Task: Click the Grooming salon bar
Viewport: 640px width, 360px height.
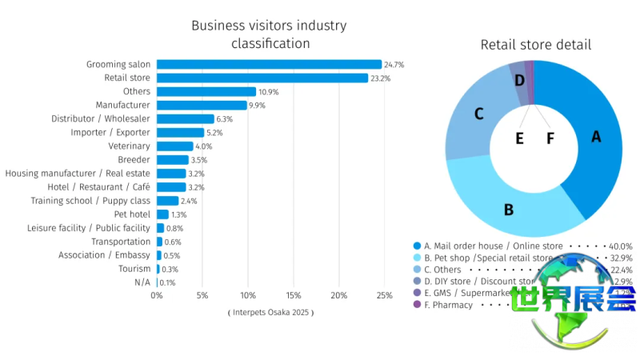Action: [269, 64]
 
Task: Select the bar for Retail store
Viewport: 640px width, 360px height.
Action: [262, 78]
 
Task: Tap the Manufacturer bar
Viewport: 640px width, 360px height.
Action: [202, 105]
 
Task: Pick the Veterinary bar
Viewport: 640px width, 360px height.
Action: [174, 146]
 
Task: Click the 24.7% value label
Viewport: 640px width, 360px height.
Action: [394, 64]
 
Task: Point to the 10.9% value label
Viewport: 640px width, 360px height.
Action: [268, 92]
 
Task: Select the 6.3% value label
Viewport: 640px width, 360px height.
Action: [225, 119]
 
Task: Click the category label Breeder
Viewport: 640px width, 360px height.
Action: [134, 160]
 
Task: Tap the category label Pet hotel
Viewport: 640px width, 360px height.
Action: [132, 214]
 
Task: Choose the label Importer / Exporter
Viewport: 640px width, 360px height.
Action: [110, 133]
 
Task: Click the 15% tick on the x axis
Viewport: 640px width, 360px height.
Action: [294, 296]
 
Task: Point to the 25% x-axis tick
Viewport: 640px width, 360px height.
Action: [385, 296]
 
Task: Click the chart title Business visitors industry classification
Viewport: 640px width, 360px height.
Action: [269, 34]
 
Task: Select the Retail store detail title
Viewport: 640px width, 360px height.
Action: [535, 45]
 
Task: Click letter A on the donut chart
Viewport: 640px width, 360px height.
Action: [595, 137]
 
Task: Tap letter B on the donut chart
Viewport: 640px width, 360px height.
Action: [508, 210]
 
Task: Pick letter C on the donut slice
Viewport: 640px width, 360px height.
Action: [478, 114]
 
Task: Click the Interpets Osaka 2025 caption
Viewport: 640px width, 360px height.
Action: [270, 312]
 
